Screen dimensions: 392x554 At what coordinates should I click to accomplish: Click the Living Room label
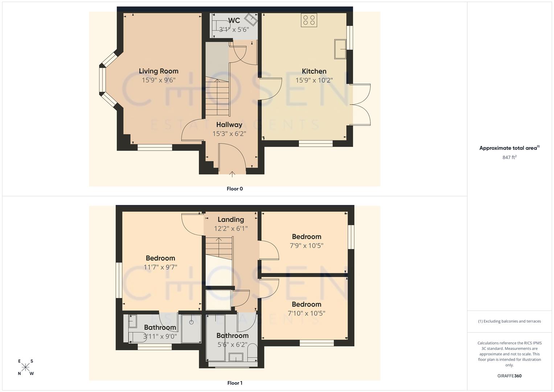coord(159,71)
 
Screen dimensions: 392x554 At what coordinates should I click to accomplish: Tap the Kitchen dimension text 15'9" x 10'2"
coord(314,80)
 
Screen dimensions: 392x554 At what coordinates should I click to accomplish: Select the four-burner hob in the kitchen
coord(309,20)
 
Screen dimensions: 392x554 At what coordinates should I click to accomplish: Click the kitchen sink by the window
coord(340,49)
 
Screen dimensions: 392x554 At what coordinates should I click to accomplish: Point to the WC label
coord(234,20)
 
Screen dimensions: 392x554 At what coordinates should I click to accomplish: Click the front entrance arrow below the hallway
coord(232,174)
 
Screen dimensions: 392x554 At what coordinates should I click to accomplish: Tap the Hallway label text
coord(229,124)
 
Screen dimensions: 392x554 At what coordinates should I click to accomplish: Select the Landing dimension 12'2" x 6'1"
coord(231,228)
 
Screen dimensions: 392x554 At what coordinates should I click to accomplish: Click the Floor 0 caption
coord(235,189)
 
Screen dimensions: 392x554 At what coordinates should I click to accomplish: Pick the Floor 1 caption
coord(235,383)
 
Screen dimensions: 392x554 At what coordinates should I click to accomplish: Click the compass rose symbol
coord(25,367)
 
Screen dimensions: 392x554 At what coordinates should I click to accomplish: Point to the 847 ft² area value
coord(509,157)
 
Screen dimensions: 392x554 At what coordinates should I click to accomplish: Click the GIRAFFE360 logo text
coord(509,376)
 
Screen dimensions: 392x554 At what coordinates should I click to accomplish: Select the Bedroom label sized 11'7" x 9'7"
coord(160,258)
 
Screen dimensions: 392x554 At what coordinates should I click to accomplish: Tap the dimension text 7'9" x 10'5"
coord(307,245)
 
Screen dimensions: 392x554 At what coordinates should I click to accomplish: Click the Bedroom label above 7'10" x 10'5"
coord(307,304)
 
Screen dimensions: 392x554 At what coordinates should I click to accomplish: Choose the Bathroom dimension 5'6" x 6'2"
coord(233,344)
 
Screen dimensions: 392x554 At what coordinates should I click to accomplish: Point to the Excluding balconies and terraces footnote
coord(509,321)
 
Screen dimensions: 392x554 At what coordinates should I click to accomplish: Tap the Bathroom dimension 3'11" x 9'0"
coord(160,336)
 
